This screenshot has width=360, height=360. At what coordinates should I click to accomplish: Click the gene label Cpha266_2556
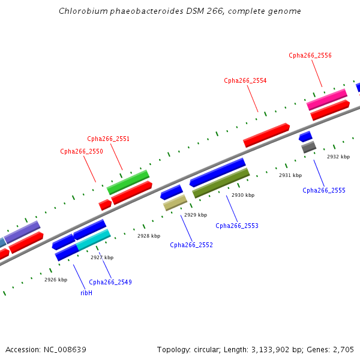[x=310, y=55]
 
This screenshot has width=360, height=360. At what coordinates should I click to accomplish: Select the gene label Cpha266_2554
[x=245, y=80]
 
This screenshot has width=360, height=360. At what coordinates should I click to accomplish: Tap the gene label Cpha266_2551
[x=109, y=139]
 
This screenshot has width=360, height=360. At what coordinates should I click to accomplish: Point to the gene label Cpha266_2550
[x=82, y=151]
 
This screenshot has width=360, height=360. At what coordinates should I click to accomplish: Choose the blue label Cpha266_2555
[x=324, y=190]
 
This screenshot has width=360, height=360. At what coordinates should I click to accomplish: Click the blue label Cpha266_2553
[x=237, y=226]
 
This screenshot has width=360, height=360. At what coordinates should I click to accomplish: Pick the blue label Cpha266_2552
[x=191, y=245]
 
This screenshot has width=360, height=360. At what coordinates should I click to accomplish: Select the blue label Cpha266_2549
[x=110, y=282]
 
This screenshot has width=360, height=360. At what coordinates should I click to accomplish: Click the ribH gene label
[x=86, y=293]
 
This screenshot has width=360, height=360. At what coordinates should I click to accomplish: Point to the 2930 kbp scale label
[x=243, y=195]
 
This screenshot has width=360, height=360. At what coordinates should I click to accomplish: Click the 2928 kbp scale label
[x=149, y=236]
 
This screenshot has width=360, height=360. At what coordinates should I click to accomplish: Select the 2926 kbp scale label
[x=56, y=279]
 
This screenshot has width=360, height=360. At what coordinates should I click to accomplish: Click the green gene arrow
[x=128, y=182]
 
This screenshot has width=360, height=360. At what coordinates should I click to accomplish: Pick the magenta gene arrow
[x=327, y=99]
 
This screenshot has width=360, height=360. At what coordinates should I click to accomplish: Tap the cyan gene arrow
[x=93, y=239]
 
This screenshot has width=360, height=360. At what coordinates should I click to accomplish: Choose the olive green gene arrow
[x=221, y=183]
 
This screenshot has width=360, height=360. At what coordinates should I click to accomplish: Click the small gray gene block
[x=308, y=146]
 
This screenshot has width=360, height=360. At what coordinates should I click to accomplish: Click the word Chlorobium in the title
[x=80, y=11]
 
